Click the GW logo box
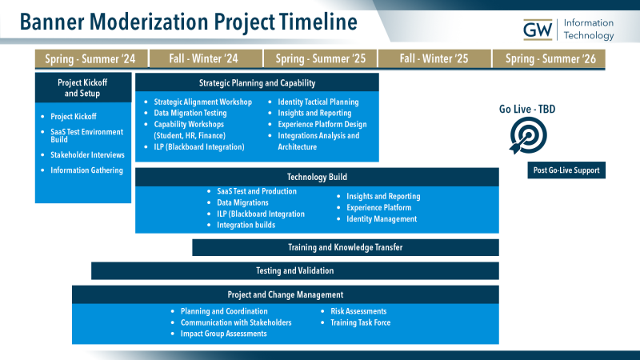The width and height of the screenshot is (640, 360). pos(538,30)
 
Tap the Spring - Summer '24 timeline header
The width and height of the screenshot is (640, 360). pos(85,58)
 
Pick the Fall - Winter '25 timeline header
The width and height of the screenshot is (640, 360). pos(434,58)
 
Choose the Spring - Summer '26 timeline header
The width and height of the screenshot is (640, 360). pos(550,58)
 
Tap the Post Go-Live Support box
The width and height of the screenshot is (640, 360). pos(566,170)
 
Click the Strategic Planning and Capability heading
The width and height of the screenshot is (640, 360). pos(257,83)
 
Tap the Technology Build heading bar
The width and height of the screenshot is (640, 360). pos(317,177)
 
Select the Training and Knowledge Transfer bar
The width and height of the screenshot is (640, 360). pos(345,247)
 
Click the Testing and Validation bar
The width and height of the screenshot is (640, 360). pos(294,270)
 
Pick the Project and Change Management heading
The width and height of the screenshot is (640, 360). pos(285,294)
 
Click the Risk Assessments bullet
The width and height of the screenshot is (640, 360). pos(358,311)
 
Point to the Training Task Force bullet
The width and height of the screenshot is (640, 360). pos(360,322)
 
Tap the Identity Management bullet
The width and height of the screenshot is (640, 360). pos(381,218)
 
